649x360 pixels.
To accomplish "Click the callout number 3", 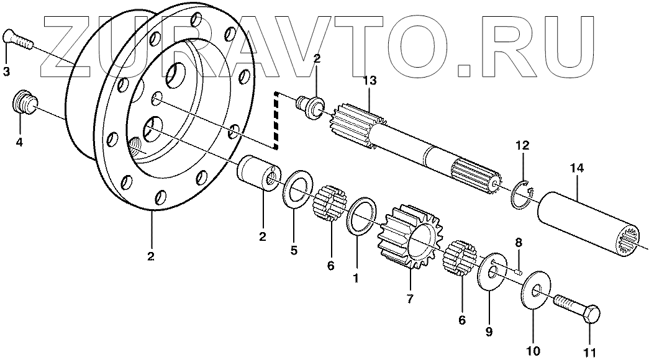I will (x=7, y=72).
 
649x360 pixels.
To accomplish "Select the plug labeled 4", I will (x=25, y=102).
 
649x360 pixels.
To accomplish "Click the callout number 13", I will (x=370, y=81).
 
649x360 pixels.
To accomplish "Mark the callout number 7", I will (x=410, y=299).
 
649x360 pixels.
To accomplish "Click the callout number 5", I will (x=294, y=251).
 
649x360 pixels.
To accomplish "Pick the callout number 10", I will (x=533, y=351).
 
